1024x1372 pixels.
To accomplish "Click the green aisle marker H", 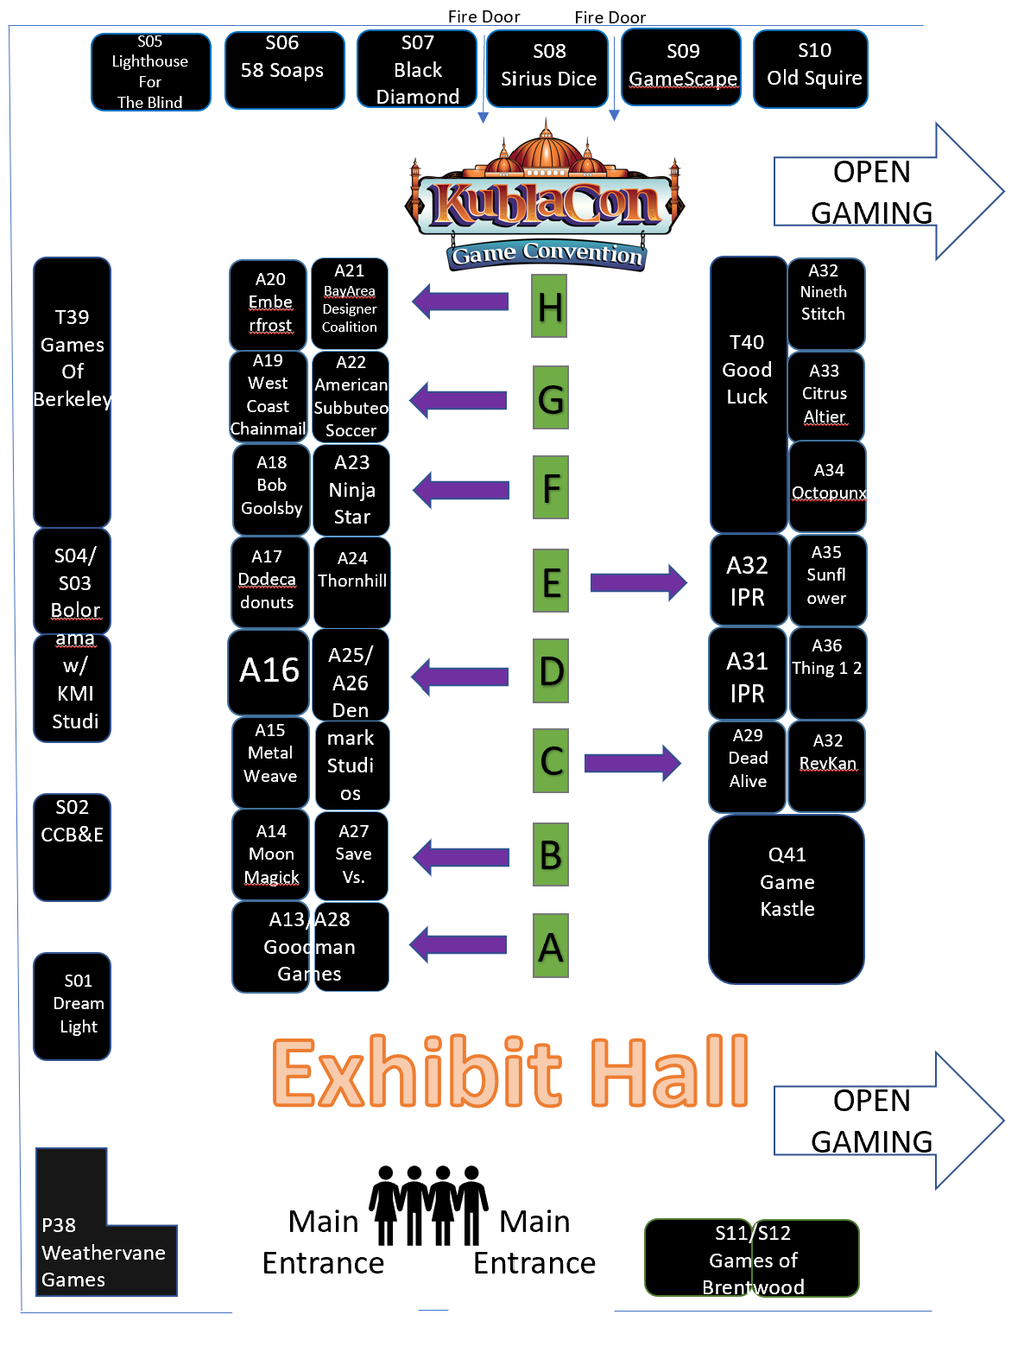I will click(x=549, y=306).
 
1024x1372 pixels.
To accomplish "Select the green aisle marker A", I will click(x=550, y=945).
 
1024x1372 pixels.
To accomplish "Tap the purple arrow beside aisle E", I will click(x=638, y=582).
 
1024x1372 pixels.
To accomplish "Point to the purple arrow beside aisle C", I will click(x=633, y=762).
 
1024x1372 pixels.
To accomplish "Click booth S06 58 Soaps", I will click(x=284, y=70).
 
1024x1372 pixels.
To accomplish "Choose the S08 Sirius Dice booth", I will click(x=547, y=69).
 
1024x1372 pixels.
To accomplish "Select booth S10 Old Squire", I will click(x=810, y=69).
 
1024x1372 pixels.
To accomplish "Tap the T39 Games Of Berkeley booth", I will click(x=72, y=391).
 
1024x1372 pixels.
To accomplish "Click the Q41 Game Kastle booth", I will click(x=786, y=899).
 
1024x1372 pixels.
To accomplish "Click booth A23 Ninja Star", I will click(x=351, y=490).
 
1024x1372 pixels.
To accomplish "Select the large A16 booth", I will click(x=269, y=671).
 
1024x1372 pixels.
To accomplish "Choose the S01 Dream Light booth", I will click(x=73, y=1006).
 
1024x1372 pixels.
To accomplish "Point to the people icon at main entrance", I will click(x=428, y=1204).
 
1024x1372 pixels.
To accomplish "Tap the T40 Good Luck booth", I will click(x=748, y=394).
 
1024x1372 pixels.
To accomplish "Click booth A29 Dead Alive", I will click(x=747, y=766).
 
